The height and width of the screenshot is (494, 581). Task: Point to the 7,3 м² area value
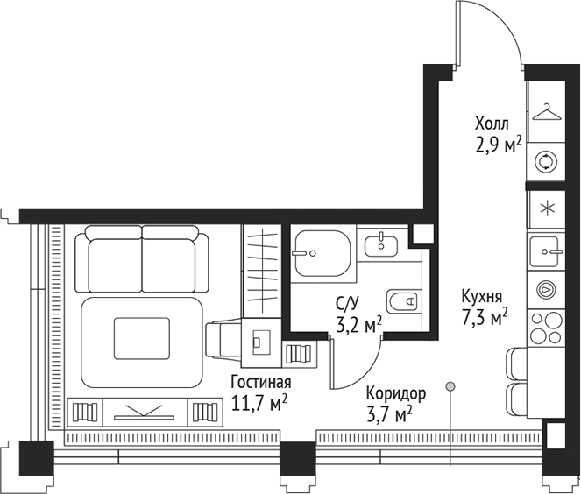[485, 319]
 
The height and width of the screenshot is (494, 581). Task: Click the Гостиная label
[260, 383]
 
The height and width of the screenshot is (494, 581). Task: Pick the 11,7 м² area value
[260, 404]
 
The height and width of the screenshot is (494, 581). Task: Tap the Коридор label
[396, 393]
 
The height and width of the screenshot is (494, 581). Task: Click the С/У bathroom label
[347, 303]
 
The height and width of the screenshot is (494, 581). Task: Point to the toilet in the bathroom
[404, 302]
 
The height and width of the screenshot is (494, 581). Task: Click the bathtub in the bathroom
[322, 253]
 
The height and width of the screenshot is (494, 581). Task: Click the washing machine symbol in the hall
[547, 160]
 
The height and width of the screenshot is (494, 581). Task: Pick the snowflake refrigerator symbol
[547, 208]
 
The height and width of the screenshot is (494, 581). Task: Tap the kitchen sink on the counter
[549, 251]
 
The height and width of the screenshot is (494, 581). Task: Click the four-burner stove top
[547, 326]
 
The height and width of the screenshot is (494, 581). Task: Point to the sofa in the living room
[142, 258]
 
